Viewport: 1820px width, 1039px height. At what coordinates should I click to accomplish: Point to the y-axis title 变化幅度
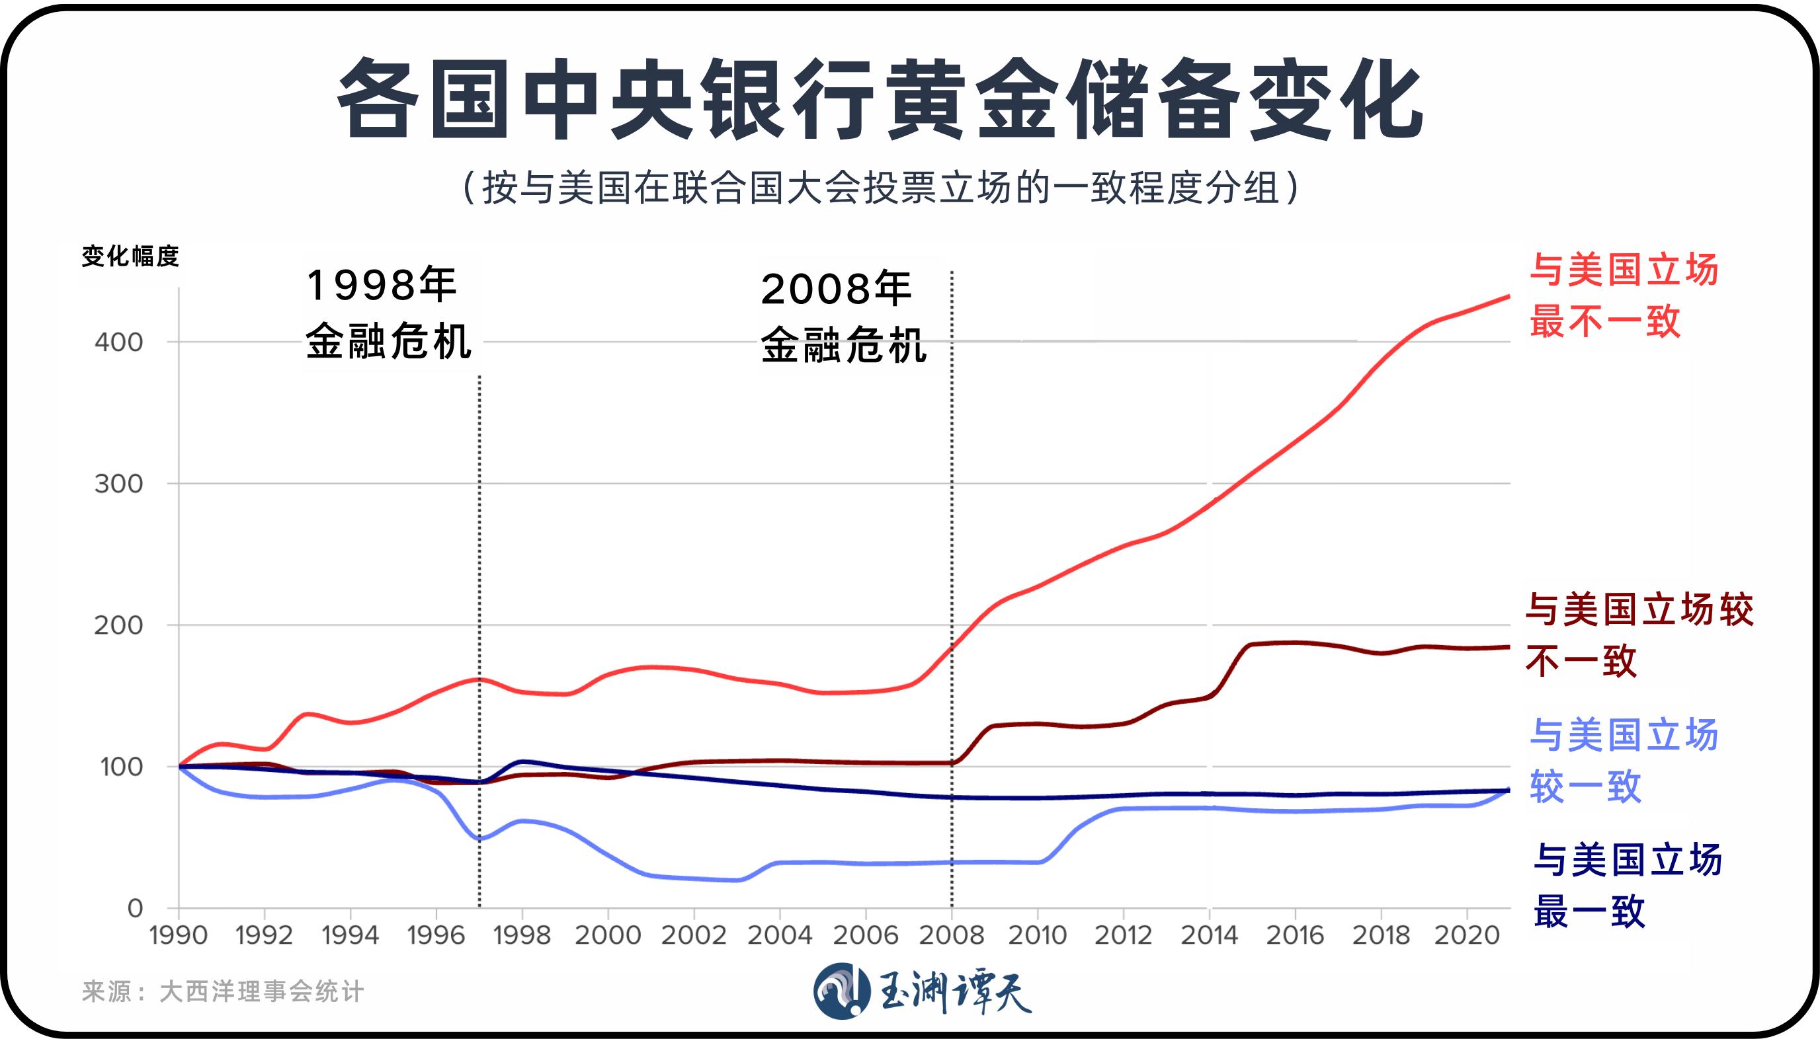coord(130,256)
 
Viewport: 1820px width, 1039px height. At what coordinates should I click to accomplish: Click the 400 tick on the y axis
coord(118,342)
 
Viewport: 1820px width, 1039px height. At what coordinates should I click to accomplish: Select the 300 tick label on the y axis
coord(118,484)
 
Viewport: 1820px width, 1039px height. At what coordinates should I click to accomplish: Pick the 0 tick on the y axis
coord(135,908)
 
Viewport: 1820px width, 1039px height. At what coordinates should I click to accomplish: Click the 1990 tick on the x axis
coord(179,935)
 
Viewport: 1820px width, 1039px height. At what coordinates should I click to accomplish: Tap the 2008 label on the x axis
coord(951,935)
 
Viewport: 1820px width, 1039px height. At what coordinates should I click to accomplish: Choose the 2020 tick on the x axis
coord(1467,935)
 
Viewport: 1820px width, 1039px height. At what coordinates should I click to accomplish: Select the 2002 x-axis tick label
coord(693,935)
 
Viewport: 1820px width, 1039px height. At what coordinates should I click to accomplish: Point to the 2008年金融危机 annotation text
coord(843,317)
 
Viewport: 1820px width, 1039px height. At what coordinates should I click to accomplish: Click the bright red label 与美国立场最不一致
coord(1623,295)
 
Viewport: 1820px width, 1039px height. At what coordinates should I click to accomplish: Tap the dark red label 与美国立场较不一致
coord(1639,635)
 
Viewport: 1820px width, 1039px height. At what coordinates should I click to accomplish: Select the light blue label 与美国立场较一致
coord(1623,761)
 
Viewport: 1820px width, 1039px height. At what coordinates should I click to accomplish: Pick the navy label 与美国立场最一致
coord(1627,886)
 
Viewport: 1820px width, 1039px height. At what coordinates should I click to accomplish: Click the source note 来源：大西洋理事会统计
coord(223,991)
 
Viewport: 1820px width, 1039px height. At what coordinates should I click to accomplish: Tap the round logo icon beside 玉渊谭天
coord(842,991)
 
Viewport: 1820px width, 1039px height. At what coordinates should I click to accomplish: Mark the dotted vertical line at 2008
coord(952,571)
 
